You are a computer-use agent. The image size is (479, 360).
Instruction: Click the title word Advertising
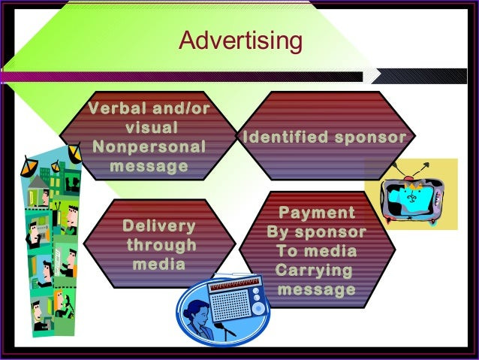241,41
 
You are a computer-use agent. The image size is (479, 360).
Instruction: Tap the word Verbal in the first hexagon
118,108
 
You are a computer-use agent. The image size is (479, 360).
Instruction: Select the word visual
152,127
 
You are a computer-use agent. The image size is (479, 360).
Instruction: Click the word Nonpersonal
149,147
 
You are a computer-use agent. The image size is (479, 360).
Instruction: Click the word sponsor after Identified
371,138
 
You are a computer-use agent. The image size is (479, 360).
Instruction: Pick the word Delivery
159,226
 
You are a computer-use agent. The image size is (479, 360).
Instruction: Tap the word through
161,246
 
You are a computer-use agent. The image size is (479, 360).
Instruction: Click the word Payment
317,213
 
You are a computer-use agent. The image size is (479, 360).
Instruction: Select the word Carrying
314,271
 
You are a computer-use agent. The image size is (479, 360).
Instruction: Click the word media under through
159,265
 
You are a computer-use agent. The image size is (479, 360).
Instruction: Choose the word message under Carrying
317,289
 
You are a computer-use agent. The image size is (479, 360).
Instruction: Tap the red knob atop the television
408,179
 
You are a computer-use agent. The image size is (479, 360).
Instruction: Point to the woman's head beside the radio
196,311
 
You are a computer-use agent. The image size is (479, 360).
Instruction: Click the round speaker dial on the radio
258,308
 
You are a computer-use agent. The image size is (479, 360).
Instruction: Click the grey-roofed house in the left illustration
38,190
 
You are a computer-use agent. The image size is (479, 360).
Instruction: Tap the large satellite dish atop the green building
74,153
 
